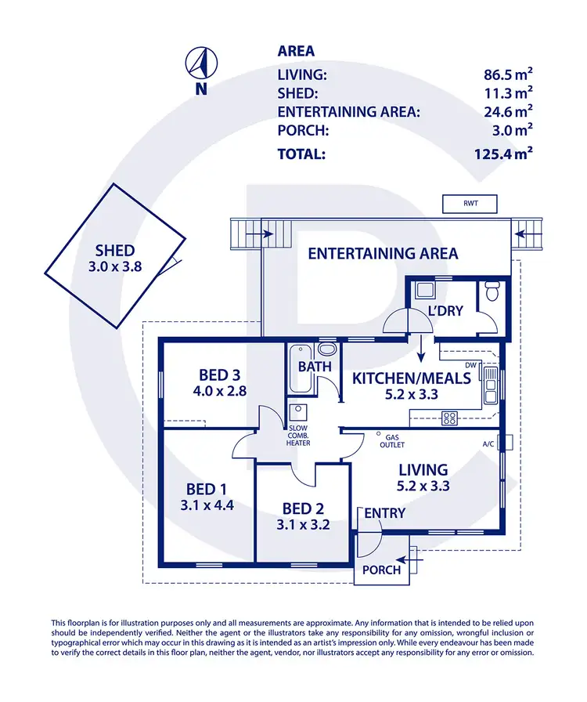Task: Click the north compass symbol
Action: (x=201, y=62)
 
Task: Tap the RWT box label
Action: (x=470, y=204)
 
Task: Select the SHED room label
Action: (x=115, y=251)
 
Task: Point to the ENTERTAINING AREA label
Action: (x=383, y=253)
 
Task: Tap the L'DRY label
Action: (x=446, y=311)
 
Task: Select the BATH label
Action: (x=315, y=366)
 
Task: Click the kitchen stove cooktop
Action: (x=449, y=417)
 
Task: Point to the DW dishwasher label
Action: (x=470, y=365)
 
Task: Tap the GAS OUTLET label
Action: (x=391, y=441)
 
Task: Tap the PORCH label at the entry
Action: (x=381, y=570)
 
